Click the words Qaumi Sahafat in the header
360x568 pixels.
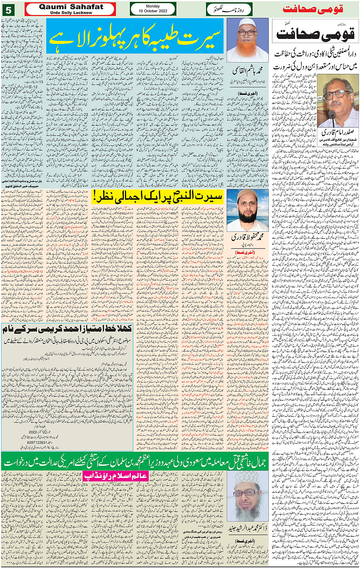[x=71, y=7]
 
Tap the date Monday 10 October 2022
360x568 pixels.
[x=153, y=9]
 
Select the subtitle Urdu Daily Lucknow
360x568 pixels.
[x=71, y=13]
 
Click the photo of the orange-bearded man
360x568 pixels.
[x=247, y=40]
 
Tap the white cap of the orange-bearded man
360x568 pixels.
[x=247, y=23]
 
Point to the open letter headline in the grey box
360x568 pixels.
[x=67, y=329]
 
